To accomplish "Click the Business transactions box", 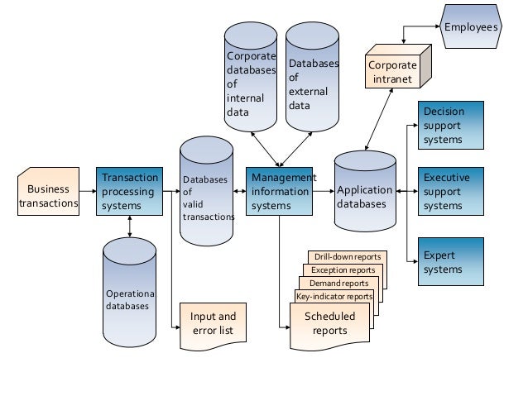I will click(48, 193).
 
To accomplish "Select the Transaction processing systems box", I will click(127, 192).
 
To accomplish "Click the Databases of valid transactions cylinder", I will click(207, 194).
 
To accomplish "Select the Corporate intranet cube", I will click(393, 69).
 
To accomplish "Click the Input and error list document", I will click(213, 323).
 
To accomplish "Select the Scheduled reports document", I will click(329, 324).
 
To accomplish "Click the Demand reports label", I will click(338, 284).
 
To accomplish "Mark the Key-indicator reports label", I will click(334, 296).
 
